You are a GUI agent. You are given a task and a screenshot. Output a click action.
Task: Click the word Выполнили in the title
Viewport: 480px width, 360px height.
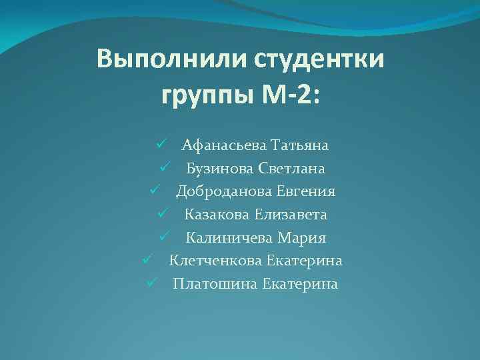click(170, 59)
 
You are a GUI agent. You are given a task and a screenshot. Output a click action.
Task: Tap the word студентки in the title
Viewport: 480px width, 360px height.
click(319, 59)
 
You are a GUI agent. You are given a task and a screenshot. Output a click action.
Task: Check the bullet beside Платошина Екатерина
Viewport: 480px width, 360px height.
click(151, 283)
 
